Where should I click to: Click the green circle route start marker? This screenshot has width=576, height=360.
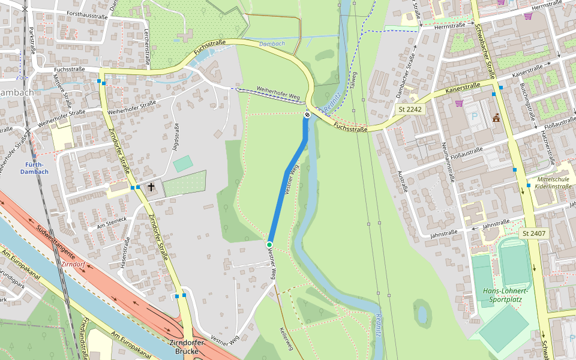[269, 244]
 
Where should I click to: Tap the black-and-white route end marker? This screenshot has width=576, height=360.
[307, 115]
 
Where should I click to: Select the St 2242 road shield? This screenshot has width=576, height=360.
[410, 110]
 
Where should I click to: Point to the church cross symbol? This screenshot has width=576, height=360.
[151, 187]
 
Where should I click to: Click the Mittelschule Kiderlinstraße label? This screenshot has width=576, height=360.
[554, 183]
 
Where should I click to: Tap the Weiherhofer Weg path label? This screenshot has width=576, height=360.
[278, 93]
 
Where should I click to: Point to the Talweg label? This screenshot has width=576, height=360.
[354, 80]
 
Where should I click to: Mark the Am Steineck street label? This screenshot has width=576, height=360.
[107, 223]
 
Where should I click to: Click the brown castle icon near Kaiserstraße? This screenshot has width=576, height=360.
[496, 118]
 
